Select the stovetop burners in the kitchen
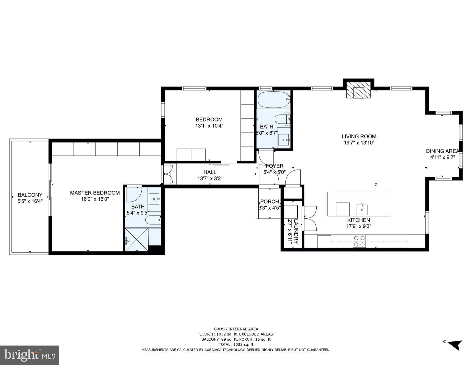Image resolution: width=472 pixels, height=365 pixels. (359, 241)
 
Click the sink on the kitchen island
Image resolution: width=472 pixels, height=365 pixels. (362, 209)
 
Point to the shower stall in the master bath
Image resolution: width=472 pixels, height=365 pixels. (137, 240)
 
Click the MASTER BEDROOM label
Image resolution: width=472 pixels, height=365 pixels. (95, 193)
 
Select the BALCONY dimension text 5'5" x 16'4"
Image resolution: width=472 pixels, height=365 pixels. (30, 201)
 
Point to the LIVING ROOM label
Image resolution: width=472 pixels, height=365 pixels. (359, 137)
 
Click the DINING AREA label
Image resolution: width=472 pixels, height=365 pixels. (442, 151)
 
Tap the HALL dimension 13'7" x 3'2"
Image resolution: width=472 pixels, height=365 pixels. (210, 178)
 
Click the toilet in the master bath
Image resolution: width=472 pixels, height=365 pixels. (153, 220)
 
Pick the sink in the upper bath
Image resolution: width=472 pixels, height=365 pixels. (284, 140)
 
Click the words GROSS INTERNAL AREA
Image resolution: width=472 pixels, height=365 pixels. (236, 329)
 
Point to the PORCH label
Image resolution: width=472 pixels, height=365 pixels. (269, 202)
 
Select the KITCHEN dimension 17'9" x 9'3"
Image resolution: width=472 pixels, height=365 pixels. (358, 226)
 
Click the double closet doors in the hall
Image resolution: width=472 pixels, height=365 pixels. (168, 174)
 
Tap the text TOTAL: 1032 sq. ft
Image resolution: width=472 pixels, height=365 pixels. (236, 344)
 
